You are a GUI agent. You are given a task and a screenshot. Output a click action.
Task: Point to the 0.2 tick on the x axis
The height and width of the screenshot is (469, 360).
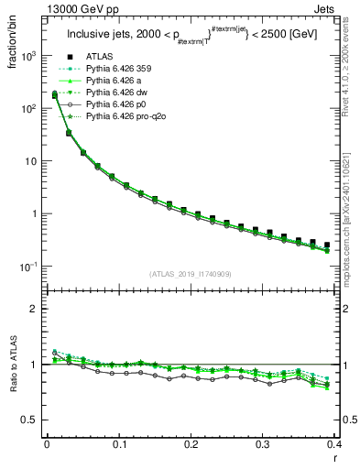tap(191, 443)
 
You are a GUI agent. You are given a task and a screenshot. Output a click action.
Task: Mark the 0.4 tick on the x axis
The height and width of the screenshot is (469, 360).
tap(334, 443)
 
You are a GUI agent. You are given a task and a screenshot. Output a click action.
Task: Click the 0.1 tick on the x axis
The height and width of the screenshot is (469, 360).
tap(118, 443)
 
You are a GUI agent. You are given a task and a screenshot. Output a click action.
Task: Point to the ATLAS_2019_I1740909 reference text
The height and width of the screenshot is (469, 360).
tap(191, 274)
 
